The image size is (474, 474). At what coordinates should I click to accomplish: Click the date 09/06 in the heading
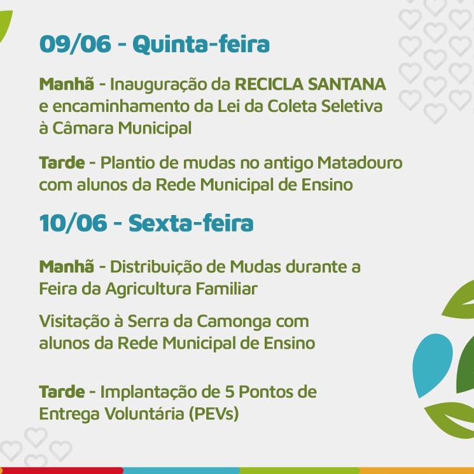pyautogui.click(x=75, y=44)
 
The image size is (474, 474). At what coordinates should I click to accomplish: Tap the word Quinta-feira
pyautogui.click(x=201, y=44)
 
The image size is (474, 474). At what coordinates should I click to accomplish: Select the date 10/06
pyautogui.click(x=73, y=223)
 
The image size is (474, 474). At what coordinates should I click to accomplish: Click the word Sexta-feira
pyautogui.click(x=191, y=223)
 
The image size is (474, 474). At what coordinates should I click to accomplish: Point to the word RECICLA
pyautogui.click(x=269, y=84)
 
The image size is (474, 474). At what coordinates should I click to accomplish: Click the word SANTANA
pyautogui.click(x=347, y=84)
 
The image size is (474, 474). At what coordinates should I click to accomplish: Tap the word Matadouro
pyautogui.click(x=359, y=163)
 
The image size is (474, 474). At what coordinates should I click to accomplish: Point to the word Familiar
pyautogui.click(x=227, y=289)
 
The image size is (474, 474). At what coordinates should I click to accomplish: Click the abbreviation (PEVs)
pyautogui.click(x=214, y=414)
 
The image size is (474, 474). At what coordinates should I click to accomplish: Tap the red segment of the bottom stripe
pyautogui.click(x=62, y=471)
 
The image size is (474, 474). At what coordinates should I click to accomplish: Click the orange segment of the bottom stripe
pyautogui.click(x=417, y=471)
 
